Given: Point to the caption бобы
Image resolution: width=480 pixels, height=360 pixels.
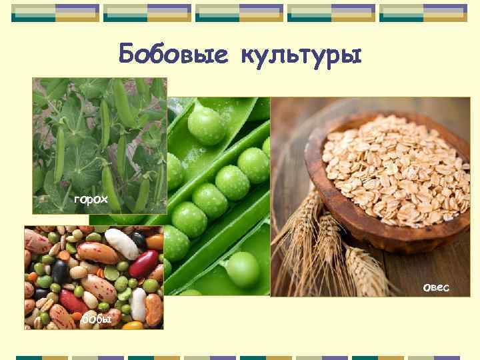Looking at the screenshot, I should pos(97,321).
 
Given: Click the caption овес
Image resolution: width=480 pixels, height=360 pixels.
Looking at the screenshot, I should pos(436,287).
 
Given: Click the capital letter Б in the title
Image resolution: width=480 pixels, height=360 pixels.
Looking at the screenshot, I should pos(127,54).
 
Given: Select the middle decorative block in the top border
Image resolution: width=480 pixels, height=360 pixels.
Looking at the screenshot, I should pos(239,12).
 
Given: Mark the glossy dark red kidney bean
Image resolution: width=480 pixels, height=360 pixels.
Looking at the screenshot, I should pos(143,263).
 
